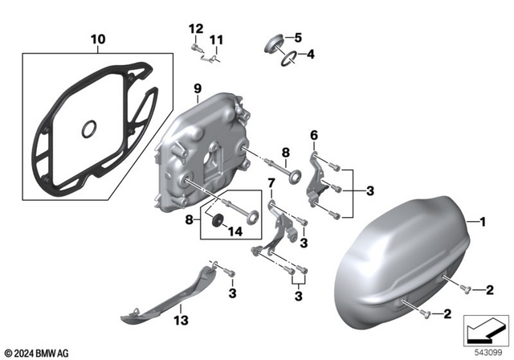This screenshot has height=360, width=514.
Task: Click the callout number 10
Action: tap(97, 39)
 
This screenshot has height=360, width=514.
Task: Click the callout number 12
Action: tap(194, 29)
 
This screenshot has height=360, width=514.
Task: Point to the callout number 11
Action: tap(215, 40)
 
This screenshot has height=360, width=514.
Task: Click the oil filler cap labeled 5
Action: tap(273, 41)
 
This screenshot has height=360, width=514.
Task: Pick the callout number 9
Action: tap(194, 87)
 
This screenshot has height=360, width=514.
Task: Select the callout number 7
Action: tap(271, 183)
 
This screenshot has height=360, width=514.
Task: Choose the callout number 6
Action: tap(314, 134)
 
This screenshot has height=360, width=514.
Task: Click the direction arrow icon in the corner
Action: tap(484, 329)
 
